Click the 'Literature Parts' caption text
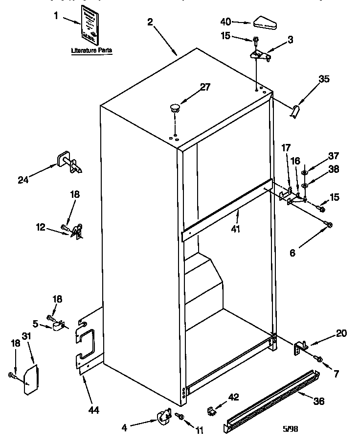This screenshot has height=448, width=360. point(92,50)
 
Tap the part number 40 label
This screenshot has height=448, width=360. point(225,22)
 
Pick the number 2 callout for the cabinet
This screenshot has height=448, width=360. point(150,22)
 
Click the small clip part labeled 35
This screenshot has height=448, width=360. point(295,112)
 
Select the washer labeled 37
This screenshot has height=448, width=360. point(304,173)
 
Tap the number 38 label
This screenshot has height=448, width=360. point(334,169)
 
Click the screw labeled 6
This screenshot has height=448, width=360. point(328,224)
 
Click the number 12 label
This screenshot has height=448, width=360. point(41,227)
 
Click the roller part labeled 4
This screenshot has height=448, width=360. point(161,417)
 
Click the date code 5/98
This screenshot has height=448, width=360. point(291,429)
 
